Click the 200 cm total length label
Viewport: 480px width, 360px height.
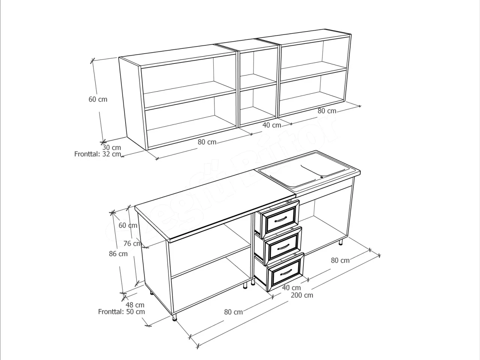point(302,295)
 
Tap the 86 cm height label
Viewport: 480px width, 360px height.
point(118,254)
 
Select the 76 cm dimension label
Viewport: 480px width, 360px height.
point(132,243)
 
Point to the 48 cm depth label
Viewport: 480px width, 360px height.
point(135,305)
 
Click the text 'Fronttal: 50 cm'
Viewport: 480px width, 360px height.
point(121,312)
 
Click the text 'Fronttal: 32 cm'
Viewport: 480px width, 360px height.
point(97,154)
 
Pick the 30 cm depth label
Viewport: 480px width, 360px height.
point(111,147)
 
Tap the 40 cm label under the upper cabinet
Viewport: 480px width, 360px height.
point(271,125)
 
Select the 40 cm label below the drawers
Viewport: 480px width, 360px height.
point(291,288)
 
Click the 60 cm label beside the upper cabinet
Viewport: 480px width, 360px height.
point(98,99)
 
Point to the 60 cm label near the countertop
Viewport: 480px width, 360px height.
point(128,225)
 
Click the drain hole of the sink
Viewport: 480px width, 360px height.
point(322,177)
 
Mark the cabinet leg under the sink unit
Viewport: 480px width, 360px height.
point(341,243)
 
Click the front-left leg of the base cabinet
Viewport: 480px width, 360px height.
point(174,318)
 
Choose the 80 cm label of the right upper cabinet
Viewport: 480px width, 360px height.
point(327,111)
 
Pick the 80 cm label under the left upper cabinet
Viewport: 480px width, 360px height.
point(207,142)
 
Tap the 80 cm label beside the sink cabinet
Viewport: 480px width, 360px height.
point(340,260)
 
